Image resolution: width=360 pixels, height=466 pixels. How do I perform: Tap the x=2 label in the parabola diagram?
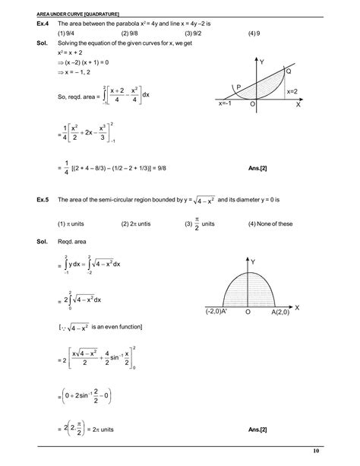point(293,92)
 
